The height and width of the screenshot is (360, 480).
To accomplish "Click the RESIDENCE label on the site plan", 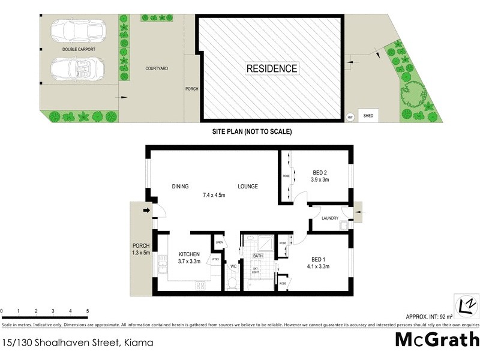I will pos(272,68).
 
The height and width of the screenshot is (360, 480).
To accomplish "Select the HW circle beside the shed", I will pos(350,117).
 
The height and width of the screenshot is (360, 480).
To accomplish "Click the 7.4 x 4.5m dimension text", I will pos(215,194).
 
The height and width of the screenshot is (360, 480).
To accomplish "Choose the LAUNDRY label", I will pos(330,218).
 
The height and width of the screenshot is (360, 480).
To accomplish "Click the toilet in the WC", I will pos(232,283).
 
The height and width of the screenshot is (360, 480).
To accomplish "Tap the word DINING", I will pos(181,187).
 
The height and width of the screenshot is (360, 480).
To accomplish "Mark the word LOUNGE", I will pos(247,187).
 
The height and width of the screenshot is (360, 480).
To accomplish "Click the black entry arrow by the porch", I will pos(146,210).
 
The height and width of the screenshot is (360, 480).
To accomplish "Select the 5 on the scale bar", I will pos(88,311).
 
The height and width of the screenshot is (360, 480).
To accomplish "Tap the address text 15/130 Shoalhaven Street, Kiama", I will pos(77,343).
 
